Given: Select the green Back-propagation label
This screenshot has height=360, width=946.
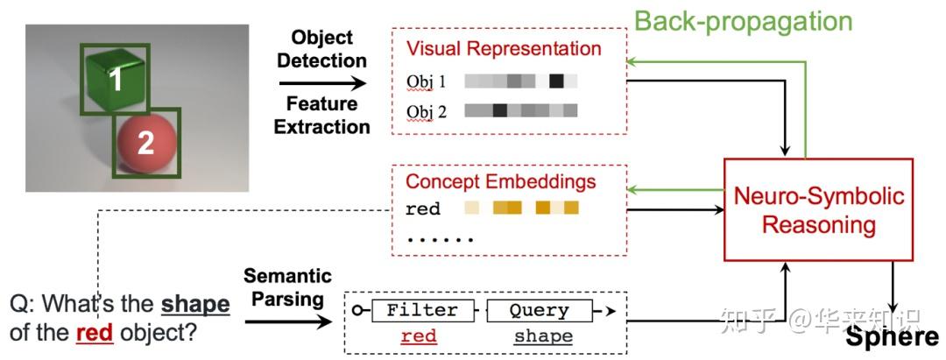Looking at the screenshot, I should [743, 21].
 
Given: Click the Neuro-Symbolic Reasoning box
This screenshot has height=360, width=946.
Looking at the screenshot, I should [818, 209].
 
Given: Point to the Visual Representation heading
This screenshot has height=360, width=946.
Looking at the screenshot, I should [504, 49].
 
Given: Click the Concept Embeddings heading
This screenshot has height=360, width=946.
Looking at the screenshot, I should [500, 182].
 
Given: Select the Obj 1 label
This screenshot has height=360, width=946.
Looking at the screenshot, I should [427, 82].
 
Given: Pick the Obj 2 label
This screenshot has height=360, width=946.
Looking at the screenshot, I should [427, 111].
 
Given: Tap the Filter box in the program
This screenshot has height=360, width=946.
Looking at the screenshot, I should [422, 310].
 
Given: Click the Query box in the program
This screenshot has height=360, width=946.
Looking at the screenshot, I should [539, 310].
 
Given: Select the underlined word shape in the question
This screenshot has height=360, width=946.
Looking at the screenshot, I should [195, 305].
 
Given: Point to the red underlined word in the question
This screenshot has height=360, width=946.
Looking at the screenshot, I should [94, 333].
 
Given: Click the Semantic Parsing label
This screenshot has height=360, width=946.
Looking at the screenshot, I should [287, 287].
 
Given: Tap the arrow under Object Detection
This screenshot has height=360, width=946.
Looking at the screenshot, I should [322, 83].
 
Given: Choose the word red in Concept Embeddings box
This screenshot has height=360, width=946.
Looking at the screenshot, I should [422, 209].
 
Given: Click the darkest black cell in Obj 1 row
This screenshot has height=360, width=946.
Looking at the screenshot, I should [556, 81].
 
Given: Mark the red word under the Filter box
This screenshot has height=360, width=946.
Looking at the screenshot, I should [419, 336].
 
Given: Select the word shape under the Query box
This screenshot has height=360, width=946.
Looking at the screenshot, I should [543, 336].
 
